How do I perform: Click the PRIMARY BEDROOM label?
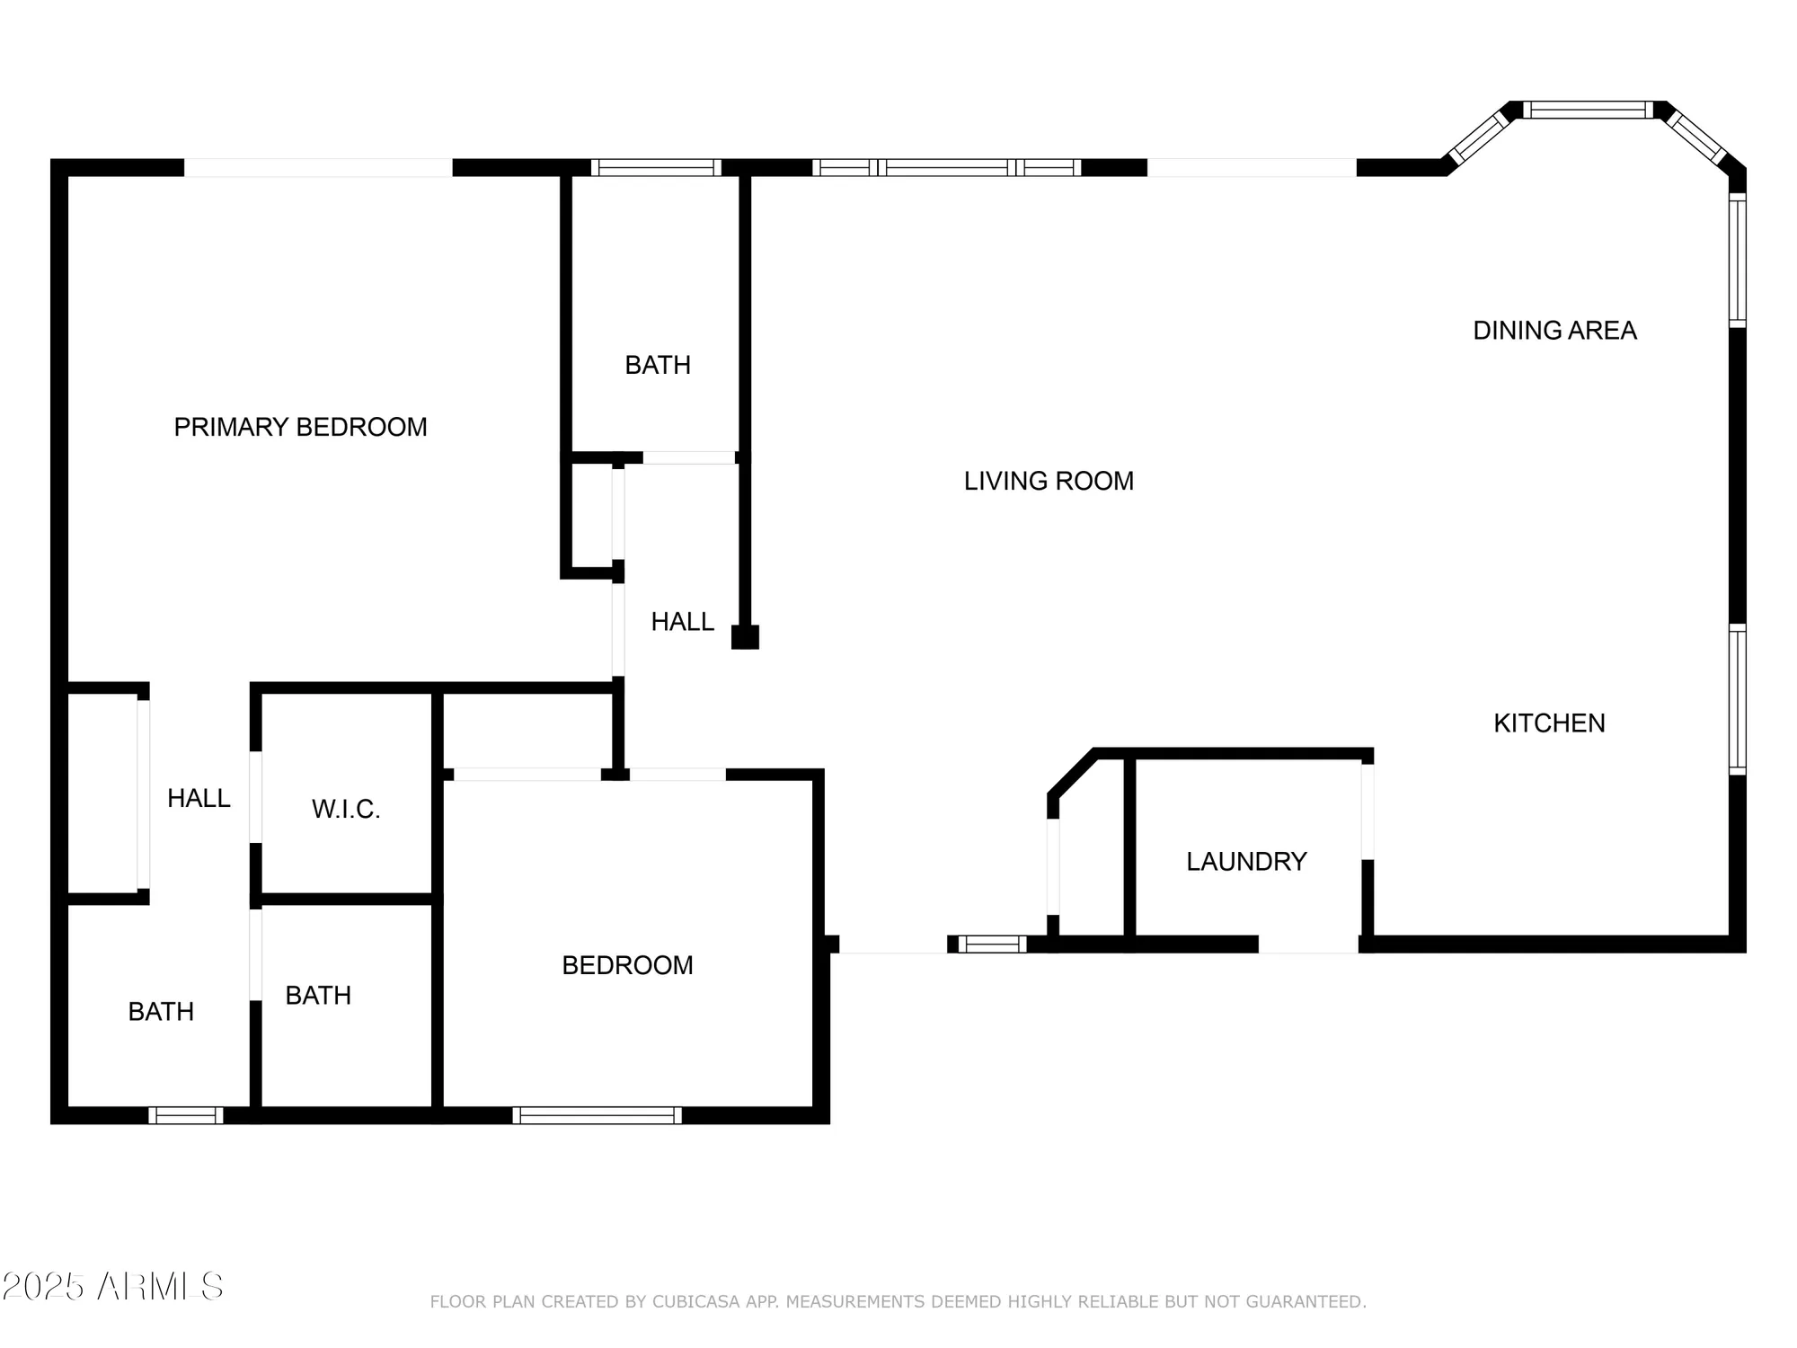300,427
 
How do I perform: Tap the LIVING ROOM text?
1049,481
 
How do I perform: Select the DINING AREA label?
1554,331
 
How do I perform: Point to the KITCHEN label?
1549,723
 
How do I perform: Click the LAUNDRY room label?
1246,861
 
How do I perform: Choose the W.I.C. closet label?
346,809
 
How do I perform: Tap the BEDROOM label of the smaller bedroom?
627,965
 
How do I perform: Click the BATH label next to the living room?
658,365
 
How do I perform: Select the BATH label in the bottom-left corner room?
161,1012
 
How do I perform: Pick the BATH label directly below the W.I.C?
318,996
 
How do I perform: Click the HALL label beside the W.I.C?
199,798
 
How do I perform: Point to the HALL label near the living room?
682,622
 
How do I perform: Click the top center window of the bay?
1588,111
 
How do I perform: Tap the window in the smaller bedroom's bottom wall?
597,1115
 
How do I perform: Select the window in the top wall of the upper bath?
656,167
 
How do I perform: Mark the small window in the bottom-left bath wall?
186,1115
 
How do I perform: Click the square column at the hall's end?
745,637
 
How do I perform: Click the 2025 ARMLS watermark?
112,1287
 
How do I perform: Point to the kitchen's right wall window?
1738,699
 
